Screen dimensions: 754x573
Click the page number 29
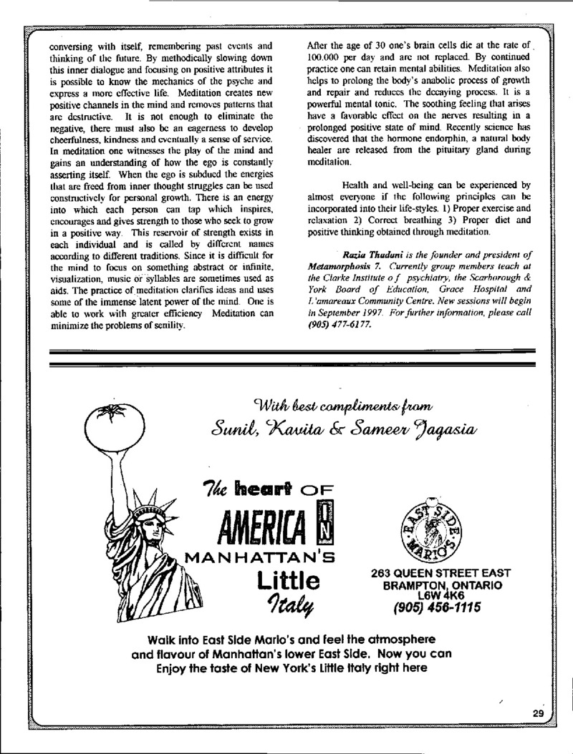click(x=539, y=713)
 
